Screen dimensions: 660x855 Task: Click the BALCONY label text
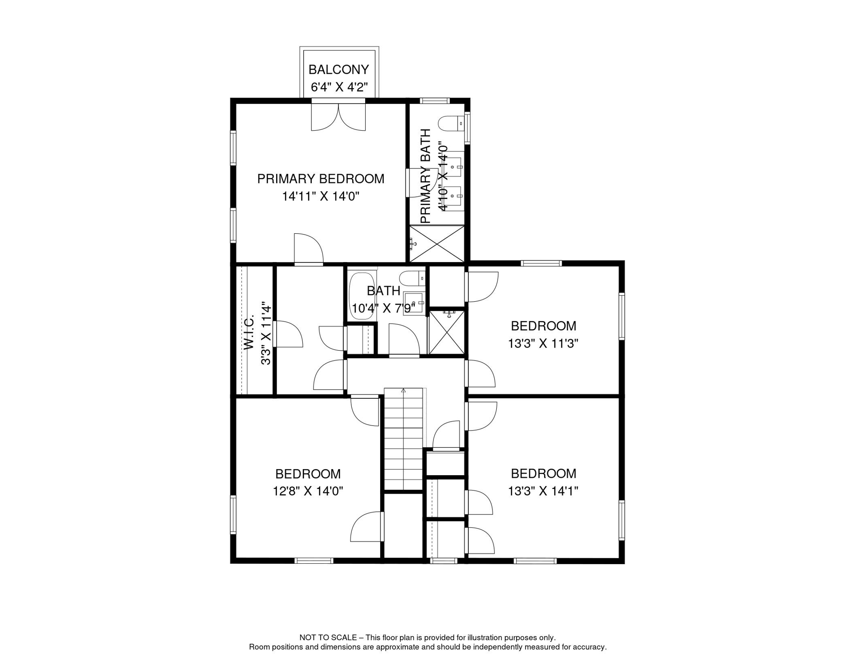point(338,70)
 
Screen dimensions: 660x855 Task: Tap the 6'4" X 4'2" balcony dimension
point(339,87)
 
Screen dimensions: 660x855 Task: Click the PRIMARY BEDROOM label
point(320,179)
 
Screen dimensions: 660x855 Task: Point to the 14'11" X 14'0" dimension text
point(320,196)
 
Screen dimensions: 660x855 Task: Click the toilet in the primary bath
point(451,124)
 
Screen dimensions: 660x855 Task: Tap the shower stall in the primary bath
point(437,244)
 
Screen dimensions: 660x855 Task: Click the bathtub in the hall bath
point(362,296)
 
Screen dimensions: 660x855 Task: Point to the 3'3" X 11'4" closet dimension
point(266,333)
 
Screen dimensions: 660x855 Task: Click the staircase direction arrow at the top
point(403,390)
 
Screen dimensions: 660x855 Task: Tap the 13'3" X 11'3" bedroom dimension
point(543,343)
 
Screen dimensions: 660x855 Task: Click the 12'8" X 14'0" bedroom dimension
point(308,491)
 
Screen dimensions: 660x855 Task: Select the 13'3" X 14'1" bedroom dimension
point(543,491)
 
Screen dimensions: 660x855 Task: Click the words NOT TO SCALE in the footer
point(328,638)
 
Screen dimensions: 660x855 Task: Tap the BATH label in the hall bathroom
point(383,291)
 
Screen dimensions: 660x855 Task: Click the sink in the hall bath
point(413,303)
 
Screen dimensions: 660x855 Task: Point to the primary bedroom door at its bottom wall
point(308,249)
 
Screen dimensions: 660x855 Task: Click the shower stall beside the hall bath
point(447,333)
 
